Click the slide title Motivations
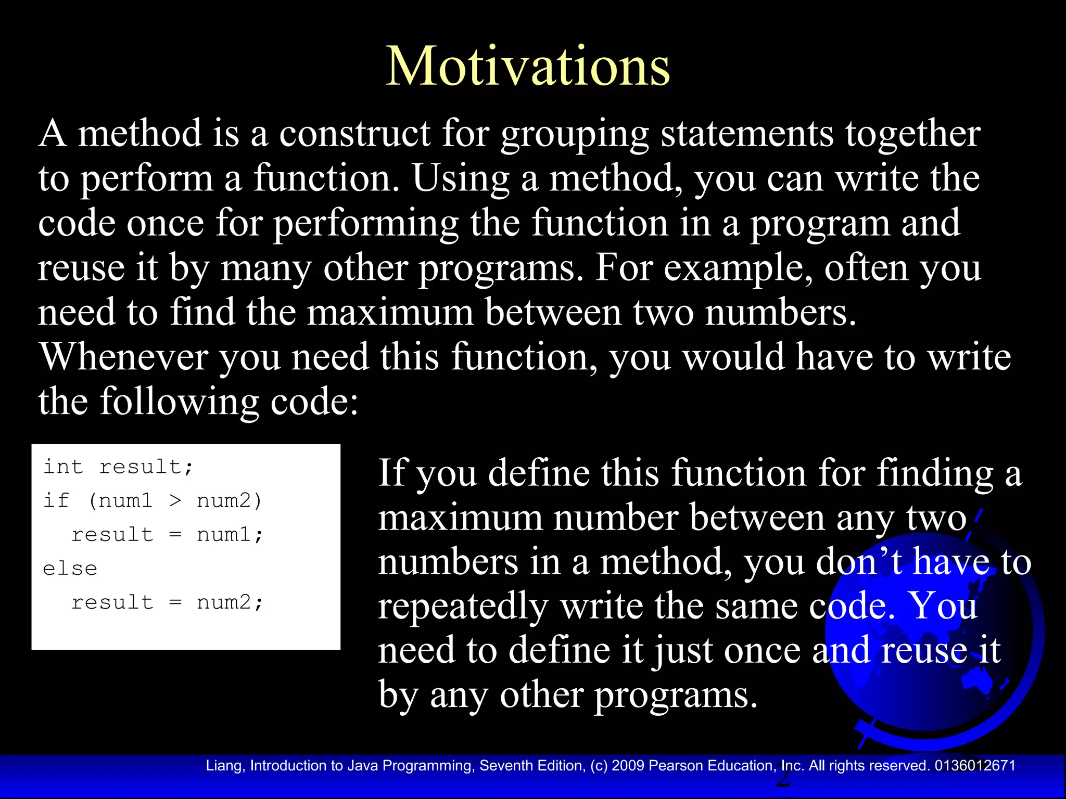coord(527,67)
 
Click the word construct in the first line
coord(354,134)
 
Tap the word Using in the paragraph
coord(460,179)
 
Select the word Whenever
coord(124,357)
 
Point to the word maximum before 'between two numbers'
coord(390,313)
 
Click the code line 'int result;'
coord(118,467)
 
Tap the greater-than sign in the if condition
coord(175,500)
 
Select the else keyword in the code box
coord(70,568)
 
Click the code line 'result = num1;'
coord(167,534)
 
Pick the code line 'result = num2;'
coord(167,602)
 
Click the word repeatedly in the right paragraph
coord(463,607)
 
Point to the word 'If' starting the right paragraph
coord(391,473)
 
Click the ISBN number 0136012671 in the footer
coord(974,766)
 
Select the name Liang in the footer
coord(225,766)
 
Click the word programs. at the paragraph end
coord(676,695)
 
